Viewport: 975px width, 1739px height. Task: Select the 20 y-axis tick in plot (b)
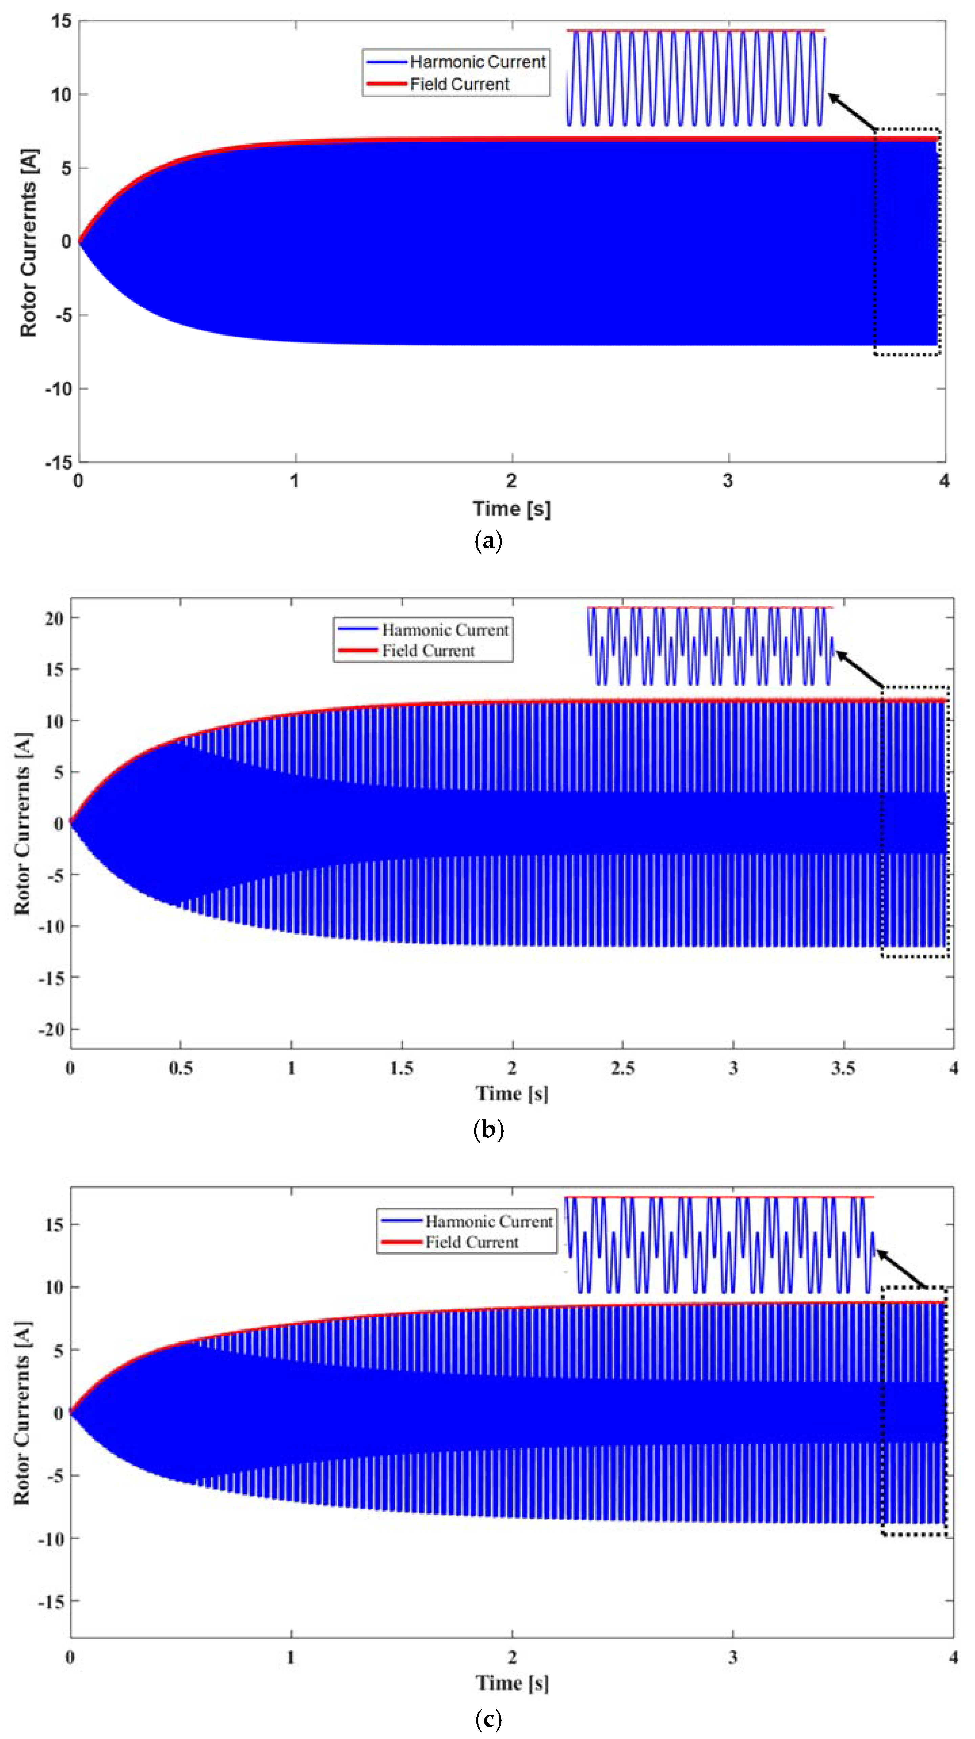pos(54,618)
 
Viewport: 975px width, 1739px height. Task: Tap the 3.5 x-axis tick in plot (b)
pos(843,1068)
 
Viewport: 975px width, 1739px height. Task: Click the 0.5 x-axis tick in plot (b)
pos(180,1068)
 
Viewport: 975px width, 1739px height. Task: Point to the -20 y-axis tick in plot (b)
pos(51,1030)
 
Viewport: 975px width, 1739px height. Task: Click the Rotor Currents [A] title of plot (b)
pos(22,823)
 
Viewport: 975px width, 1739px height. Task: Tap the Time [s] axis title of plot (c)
pos(512,1683)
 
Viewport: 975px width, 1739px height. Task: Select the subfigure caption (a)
pos(488,541)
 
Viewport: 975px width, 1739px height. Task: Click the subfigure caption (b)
pos(488,1130)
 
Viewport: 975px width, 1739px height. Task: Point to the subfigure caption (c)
pos(488,1718)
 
